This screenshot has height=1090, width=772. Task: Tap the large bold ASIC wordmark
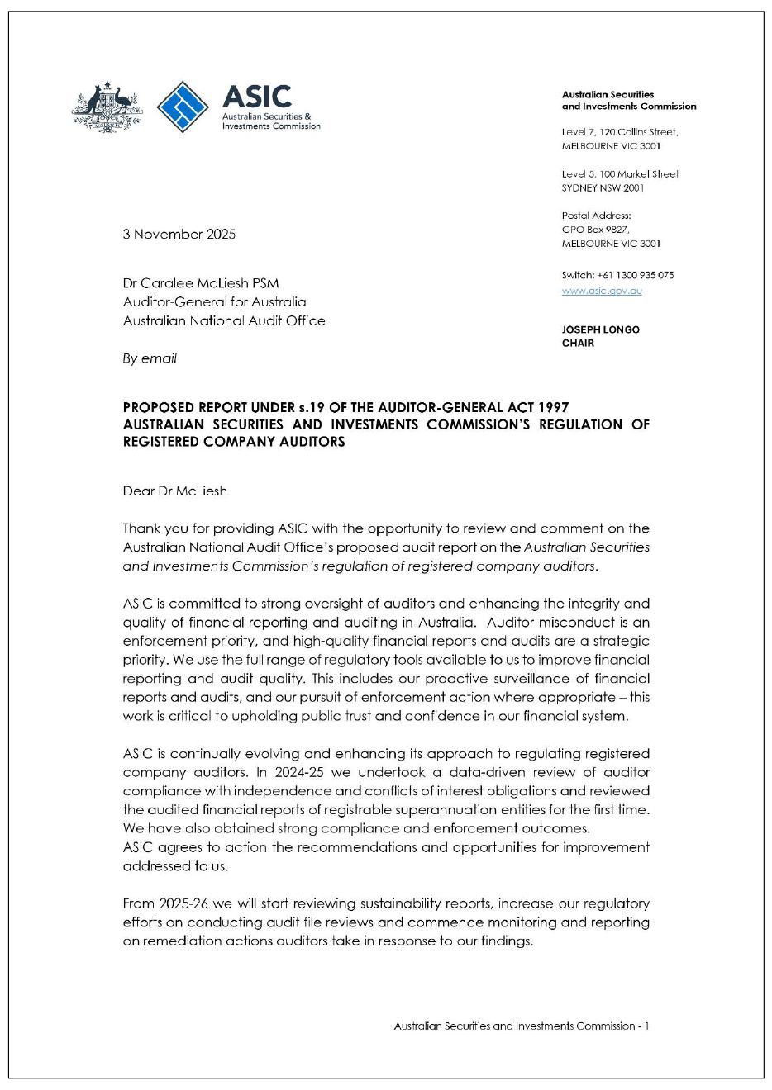[x=257, y=97]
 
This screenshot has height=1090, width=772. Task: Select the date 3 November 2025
[x=179, y=234]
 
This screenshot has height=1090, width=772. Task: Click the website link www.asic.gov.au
[x=602, y=291]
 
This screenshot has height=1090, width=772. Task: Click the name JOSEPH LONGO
[x=600, y=329]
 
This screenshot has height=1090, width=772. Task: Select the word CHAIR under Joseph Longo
[x=578, y=343]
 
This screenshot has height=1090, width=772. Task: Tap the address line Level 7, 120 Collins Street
[x=619, y=132]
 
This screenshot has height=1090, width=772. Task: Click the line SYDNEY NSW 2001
[x=603, y=187]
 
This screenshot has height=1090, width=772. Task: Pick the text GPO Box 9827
[x=595, y=230]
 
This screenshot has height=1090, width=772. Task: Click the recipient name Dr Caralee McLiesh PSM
[x=201, y=283]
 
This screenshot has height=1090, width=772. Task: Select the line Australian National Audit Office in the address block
[x=224, y=320]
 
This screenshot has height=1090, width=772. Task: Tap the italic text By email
[x=150, y=358]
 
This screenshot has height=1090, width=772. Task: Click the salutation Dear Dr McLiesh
[x=174, y=491]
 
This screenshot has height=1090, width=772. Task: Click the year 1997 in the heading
[x=553, y=407]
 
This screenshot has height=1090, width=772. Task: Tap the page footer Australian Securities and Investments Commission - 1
[x=521, y=1026]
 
